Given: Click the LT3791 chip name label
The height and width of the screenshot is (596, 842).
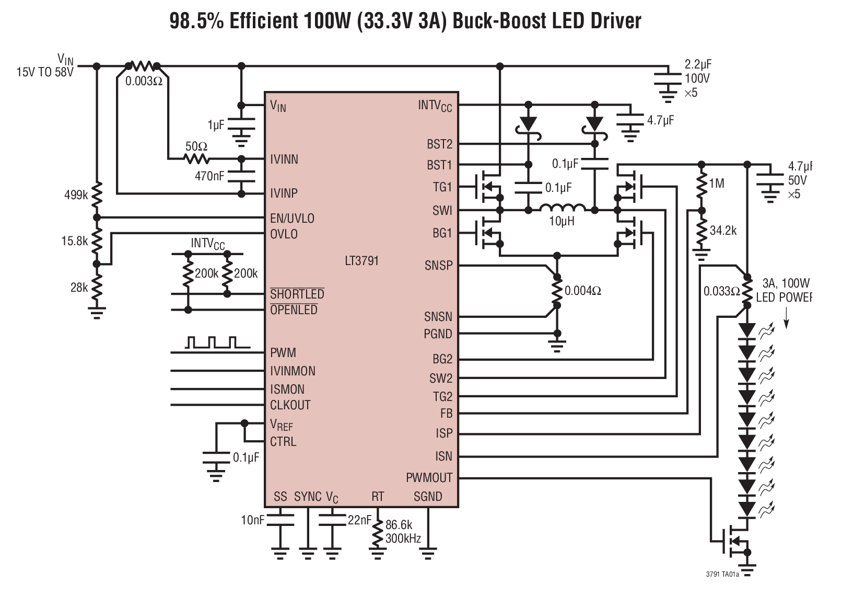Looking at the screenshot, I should coord(361,260).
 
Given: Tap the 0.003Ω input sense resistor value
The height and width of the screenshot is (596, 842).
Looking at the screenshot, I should coord(144,82).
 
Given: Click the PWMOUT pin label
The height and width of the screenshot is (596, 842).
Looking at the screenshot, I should coord(429,478).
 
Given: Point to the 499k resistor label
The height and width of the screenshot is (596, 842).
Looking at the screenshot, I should coord(76,195).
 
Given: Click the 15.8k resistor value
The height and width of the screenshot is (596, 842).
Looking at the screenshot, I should coord(75,241).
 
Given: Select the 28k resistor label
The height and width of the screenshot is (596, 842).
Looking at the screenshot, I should coord(79,287).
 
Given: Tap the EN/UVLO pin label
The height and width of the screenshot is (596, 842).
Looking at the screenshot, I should coord(292,218).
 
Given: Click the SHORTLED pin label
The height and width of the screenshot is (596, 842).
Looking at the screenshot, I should coord(297,294).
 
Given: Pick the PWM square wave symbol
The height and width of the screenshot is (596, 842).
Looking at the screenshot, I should coord(211,342).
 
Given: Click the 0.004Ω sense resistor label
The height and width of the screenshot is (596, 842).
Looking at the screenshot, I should coord(583,291).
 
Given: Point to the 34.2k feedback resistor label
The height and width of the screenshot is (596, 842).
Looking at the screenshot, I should coord(723,231).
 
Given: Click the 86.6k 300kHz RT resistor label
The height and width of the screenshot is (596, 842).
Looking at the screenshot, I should coord(402,532).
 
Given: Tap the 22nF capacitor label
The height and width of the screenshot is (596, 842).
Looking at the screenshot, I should coord(359,520).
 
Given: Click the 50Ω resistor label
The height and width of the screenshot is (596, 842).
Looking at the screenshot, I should coord(196,147).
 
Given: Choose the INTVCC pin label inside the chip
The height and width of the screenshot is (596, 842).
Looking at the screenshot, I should coord(435,106).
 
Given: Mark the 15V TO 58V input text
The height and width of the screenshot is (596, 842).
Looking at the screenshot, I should coord(44,72).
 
